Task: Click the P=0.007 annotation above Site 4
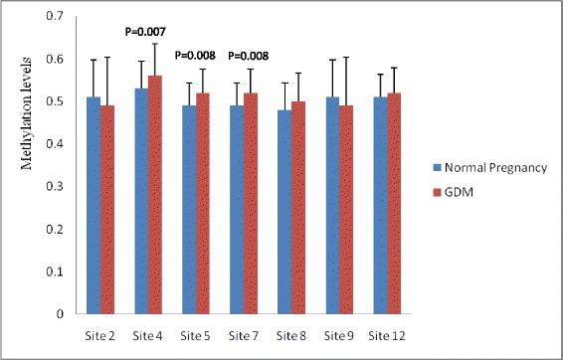click(146, 32)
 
